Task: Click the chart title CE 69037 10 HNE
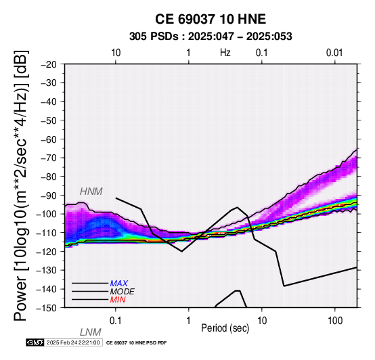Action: click(211, 19)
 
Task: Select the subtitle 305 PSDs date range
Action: click(211, 37)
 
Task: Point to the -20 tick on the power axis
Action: click(49, 64)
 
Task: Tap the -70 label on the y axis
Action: click(49, 158)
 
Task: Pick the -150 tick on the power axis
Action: click(47, 308)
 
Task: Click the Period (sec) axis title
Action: click(225, 328)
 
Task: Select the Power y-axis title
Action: click(21, 185)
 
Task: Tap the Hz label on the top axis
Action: click(225, 53)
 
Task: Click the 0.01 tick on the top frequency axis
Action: click(334, 53)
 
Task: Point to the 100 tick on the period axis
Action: click(335, 321)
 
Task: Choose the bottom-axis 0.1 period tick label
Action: click(116, 321)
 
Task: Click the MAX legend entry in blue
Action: click(119, 284)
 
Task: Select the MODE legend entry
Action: click(123, 292)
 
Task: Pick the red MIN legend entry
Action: click(118, 300)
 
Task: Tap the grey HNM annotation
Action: click(91, 192)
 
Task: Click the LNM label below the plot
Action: click(91, 332)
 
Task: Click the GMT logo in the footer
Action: click(35, 342)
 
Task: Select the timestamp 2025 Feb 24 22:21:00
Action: click(73, 342)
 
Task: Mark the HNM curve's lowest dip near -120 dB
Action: click(182, 251)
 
